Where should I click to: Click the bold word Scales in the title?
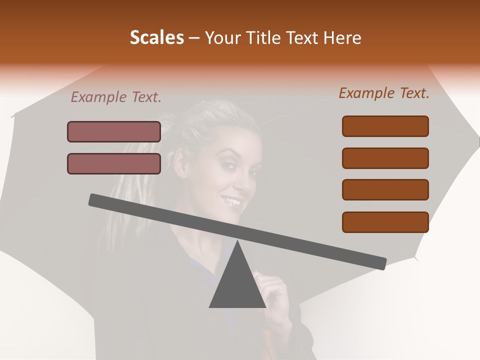(x=157, y=37)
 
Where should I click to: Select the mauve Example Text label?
(x=116, y=97)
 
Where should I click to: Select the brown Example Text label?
(x=384, y=93)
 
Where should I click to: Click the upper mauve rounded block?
(x=114, y=132)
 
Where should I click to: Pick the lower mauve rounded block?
(x=114, y=164)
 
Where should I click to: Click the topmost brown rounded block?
(x=385, y=126)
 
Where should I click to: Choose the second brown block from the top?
(x=385, y=158)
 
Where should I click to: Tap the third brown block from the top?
(x=385, y=190)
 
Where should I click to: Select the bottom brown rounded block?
(x=385, y=222)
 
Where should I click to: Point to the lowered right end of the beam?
(x=381, y=263)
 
